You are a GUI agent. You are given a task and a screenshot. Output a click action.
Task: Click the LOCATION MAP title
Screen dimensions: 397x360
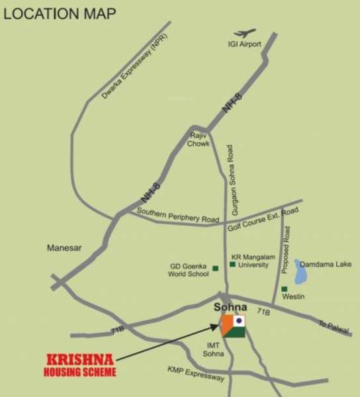pos(60,13)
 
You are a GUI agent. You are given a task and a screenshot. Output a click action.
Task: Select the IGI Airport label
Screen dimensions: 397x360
pos(244,44)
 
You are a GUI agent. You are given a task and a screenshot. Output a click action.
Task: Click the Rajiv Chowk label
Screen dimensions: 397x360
pos(198,139)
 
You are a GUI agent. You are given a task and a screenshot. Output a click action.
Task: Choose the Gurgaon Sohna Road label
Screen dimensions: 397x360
pos(232,182)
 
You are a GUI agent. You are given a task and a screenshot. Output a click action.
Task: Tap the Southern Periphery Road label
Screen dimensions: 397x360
pos(177,215)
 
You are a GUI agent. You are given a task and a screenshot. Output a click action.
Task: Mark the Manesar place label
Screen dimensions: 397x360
pos(64,248)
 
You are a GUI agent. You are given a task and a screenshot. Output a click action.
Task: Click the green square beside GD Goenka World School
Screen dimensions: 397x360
pos(216,269)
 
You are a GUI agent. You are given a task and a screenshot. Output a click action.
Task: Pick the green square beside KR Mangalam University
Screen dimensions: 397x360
pos(232,265)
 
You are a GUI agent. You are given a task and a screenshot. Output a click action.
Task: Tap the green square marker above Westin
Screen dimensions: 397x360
pos(284,288)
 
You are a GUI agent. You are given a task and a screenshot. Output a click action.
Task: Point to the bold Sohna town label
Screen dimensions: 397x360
pos(230,307)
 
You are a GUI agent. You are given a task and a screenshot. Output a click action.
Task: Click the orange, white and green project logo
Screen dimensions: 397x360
pos(233,326)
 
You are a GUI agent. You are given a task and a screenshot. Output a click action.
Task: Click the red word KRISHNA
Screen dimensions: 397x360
pos(79,360)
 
